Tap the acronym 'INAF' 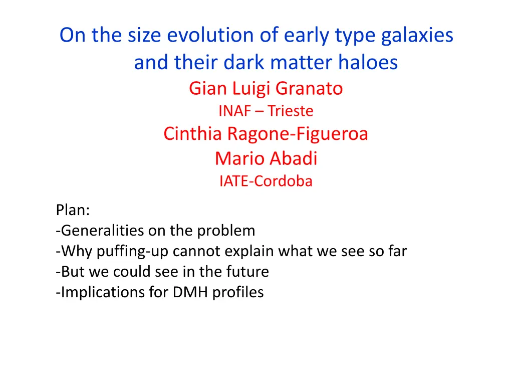coord(234,111)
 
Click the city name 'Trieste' coord(291,111)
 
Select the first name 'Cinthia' coord(193,133)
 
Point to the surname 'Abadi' coord(294,158)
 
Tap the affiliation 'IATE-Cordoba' coord(266,181)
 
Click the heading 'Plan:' coord(73,210)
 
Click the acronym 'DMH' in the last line coord(190,292)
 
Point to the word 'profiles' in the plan coord(238,293)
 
